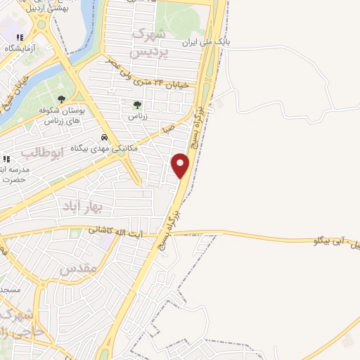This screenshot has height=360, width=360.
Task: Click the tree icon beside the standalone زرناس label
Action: [137, 105]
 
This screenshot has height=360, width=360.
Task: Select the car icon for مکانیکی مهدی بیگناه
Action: [104, 137]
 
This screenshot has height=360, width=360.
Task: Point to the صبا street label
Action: [167, 129]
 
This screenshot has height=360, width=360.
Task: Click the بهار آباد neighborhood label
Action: [101, 206]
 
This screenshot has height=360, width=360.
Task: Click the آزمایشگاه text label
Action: [20, 49]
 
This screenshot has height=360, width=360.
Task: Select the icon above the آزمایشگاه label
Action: [20, 37]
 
